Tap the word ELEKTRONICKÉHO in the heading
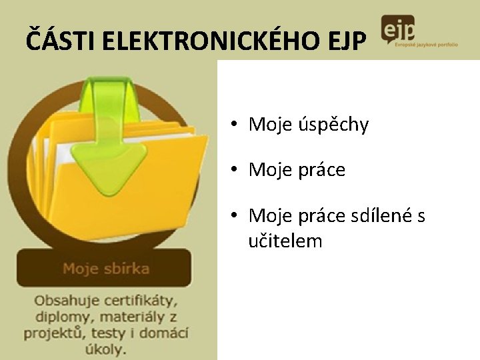204,41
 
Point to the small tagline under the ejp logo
426,44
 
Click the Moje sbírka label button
105,269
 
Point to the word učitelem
285,240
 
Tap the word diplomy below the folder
59,317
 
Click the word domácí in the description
165,332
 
